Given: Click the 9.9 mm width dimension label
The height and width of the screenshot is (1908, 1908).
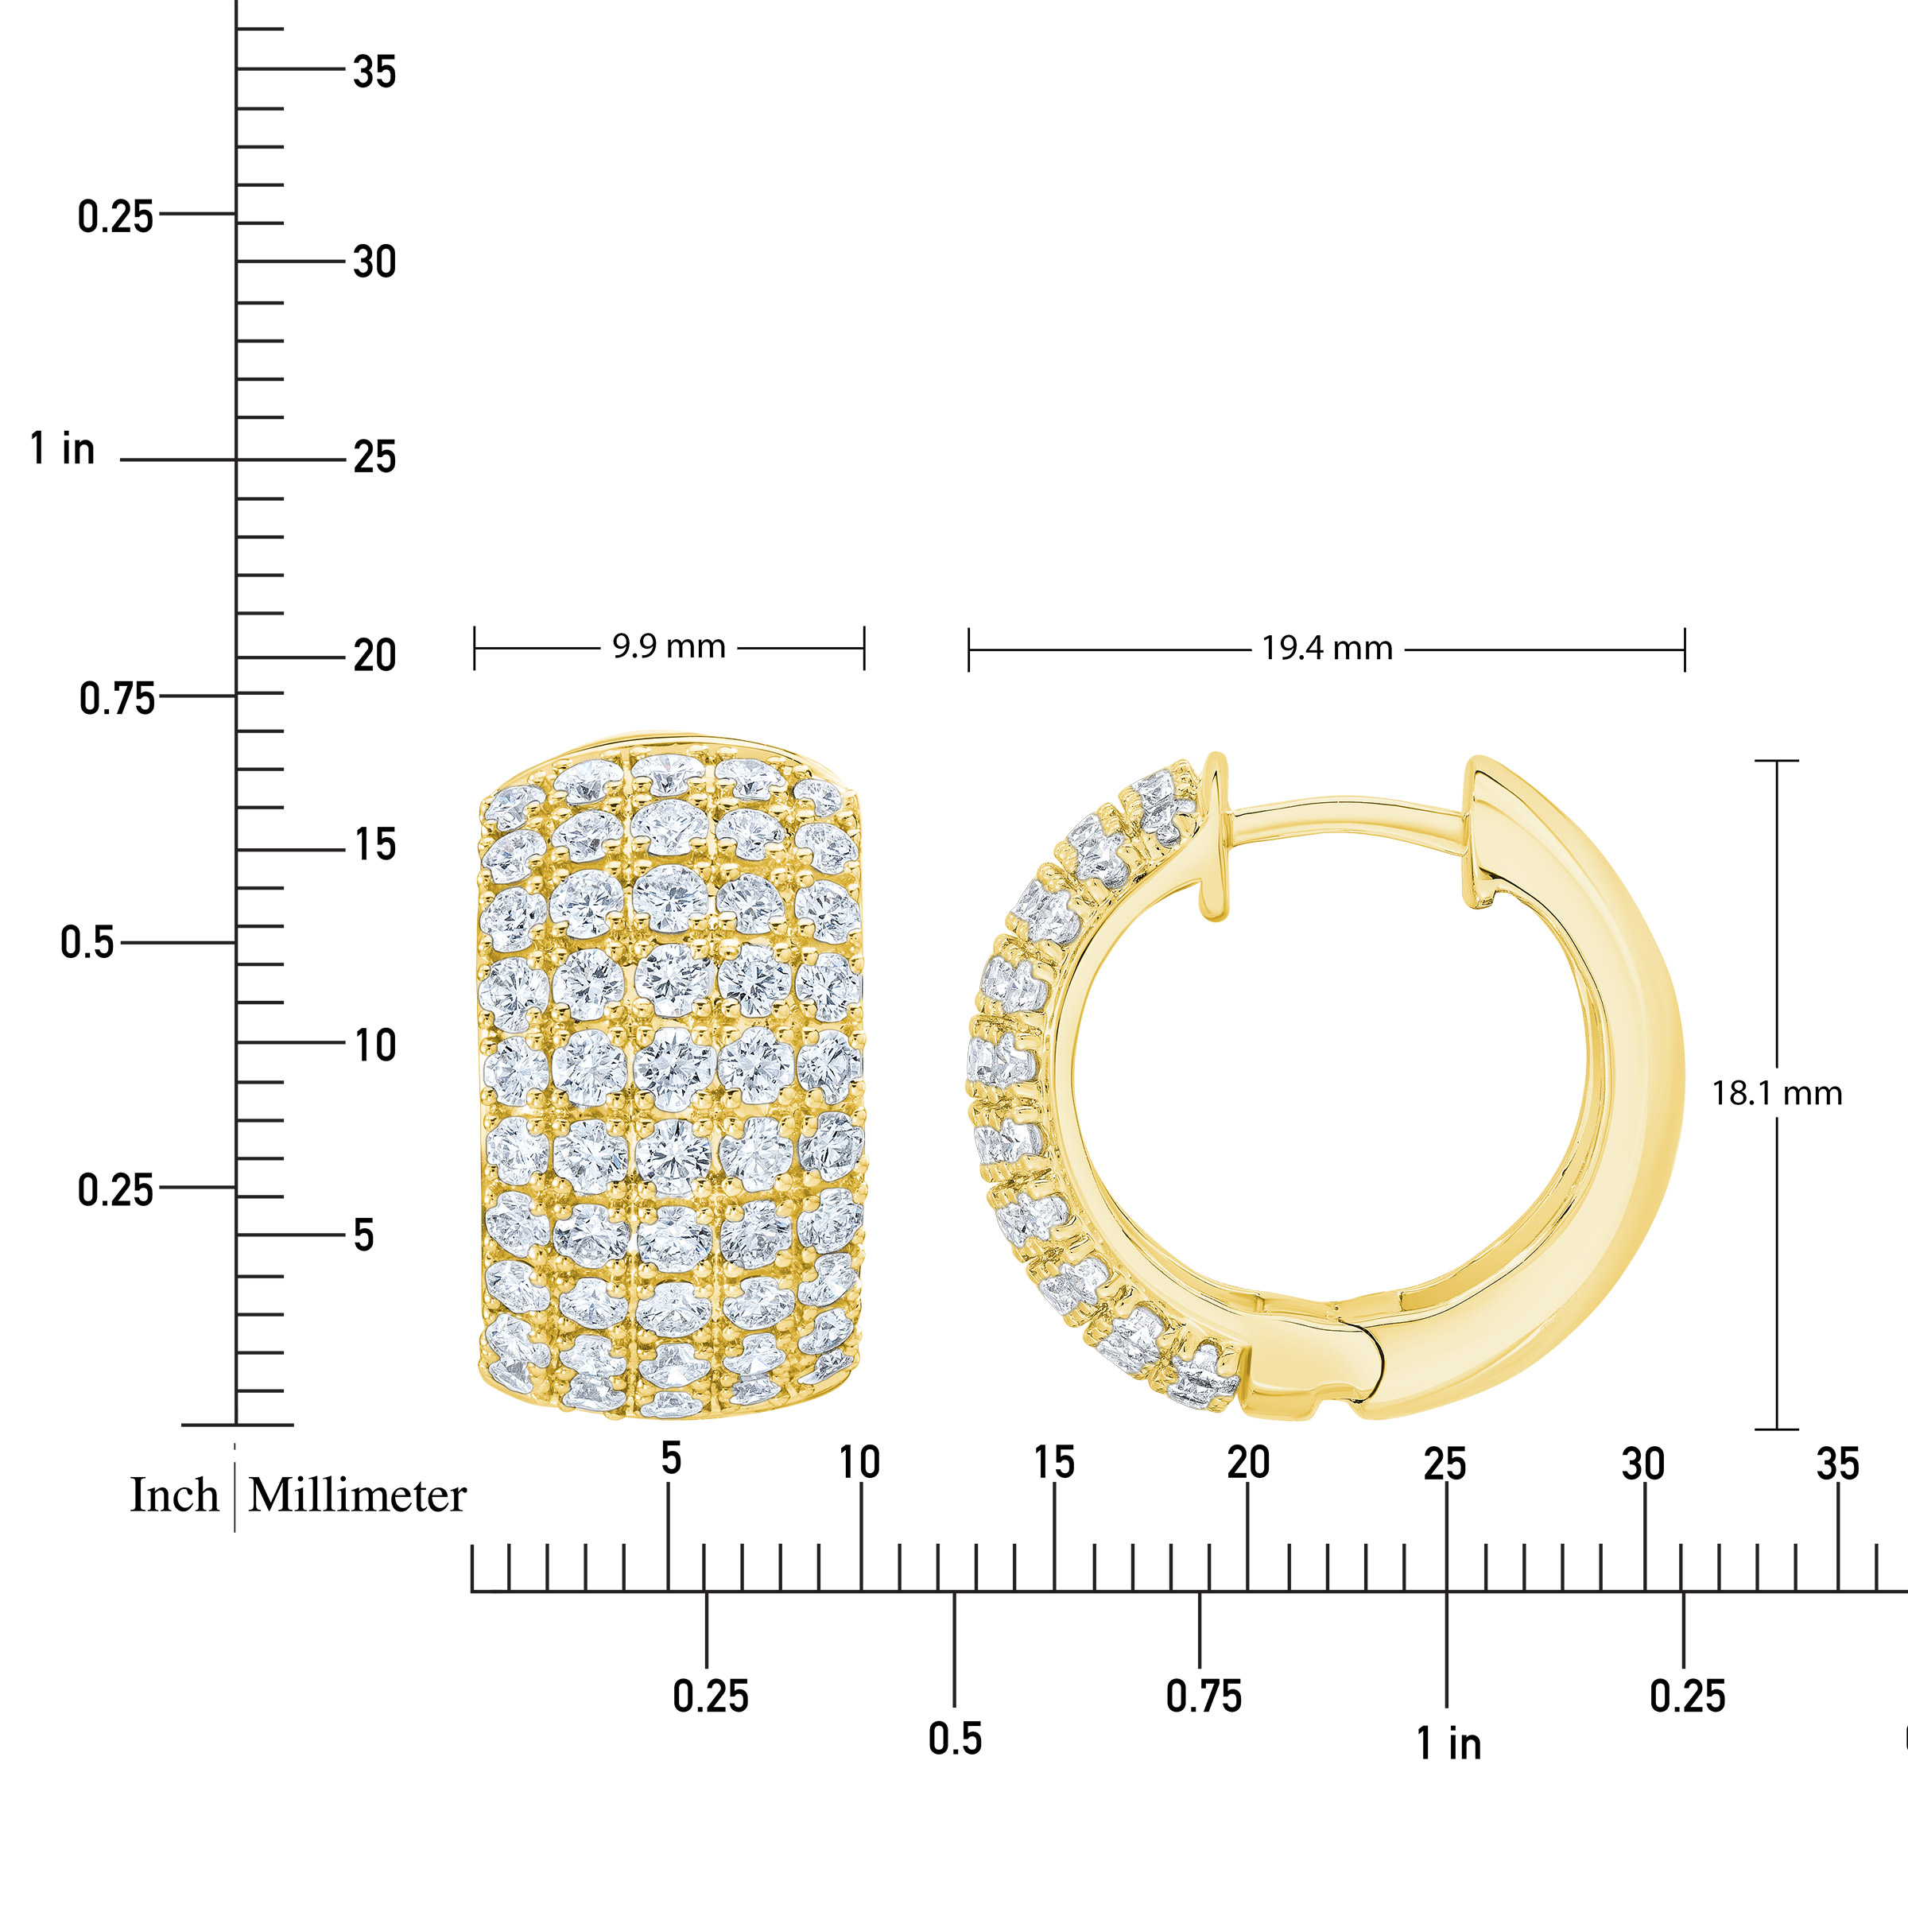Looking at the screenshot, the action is tap(669, 647).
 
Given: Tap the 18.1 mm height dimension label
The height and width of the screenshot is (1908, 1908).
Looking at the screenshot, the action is tap(1777, 1093).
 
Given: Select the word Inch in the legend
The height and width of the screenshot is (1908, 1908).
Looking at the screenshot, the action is tap(174, 1495).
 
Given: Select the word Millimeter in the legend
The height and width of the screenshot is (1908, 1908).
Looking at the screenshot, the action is tap(356, 1495).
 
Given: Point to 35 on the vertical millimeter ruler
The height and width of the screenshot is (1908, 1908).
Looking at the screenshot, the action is tap(374, 72).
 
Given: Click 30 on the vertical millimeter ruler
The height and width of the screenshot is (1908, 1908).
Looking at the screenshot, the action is tap(374, 262).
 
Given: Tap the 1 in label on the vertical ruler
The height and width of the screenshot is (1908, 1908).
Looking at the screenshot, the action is tap(62, 448).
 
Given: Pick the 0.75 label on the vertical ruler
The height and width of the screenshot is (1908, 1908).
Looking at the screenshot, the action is tap(117, 700).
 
